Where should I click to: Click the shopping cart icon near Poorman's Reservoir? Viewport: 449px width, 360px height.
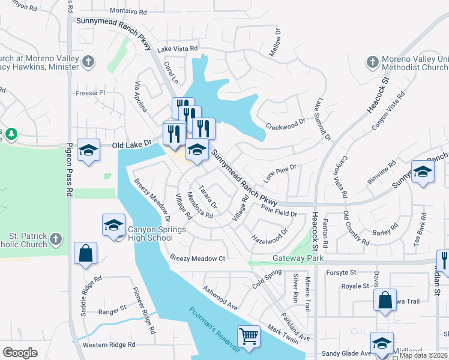[249, 335]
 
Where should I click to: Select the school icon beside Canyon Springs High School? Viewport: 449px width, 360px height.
[113, 225]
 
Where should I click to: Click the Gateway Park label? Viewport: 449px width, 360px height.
[298, 258]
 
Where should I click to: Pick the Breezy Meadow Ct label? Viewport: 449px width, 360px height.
[197, 259]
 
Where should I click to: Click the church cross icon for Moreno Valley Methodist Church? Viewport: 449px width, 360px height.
[372, 62]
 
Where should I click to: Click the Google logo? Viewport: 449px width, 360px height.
[20, 353]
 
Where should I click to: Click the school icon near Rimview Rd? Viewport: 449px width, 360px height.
[423, 172]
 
